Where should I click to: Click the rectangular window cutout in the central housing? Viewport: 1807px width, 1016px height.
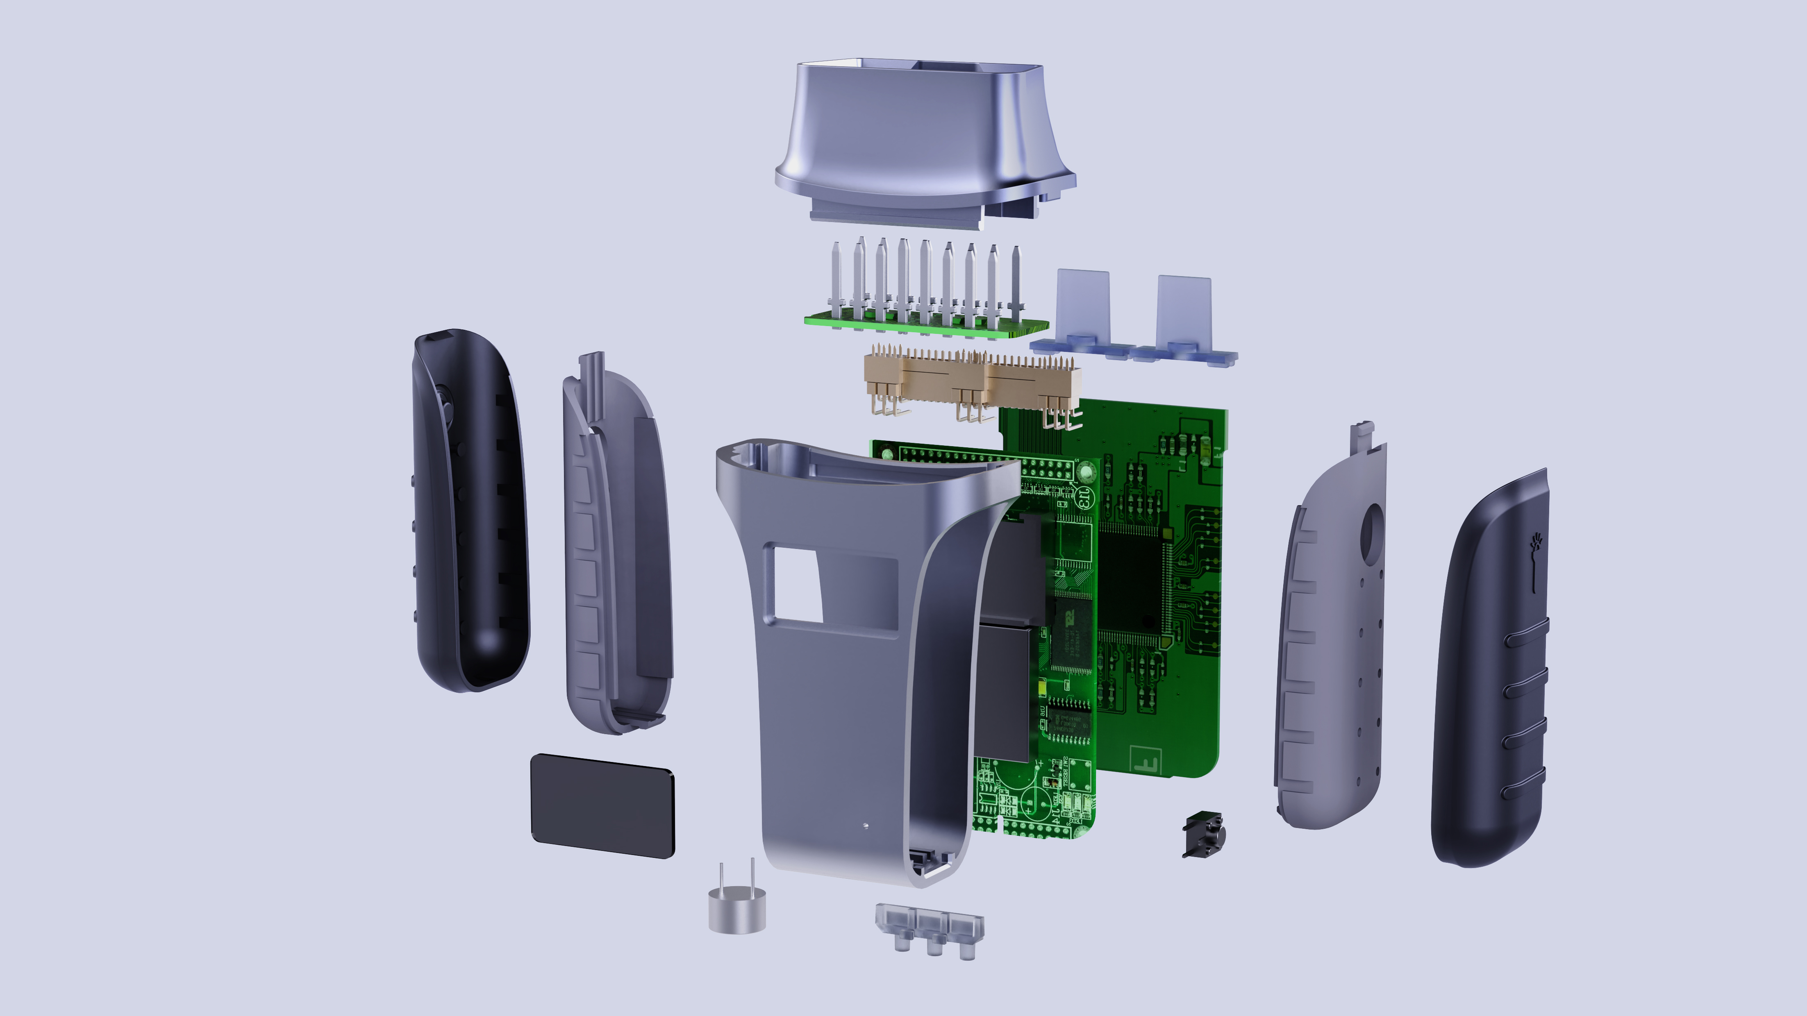(x=797, y=584)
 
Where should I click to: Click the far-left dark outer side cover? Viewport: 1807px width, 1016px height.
(x=470, y=512)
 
